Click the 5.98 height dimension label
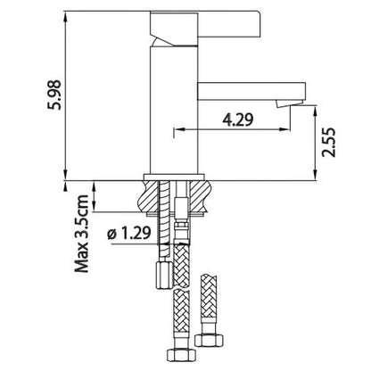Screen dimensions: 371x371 click(54, 95)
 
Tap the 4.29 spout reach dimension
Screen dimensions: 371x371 click(238, 120)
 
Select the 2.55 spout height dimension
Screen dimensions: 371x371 click(329, 143)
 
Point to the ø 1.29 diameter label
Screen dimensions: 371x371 click(129, 233)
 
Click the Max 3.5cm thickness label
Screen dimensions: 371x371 click(81, 234)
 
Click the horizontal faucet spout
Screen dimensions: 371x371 click(251, 91)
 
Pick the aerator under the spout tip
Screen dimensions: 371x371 click(288, 103)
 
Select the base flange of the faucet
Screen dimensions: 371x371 click(174, 177)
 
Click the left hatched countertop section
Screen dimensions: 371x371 click(149, 195)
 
